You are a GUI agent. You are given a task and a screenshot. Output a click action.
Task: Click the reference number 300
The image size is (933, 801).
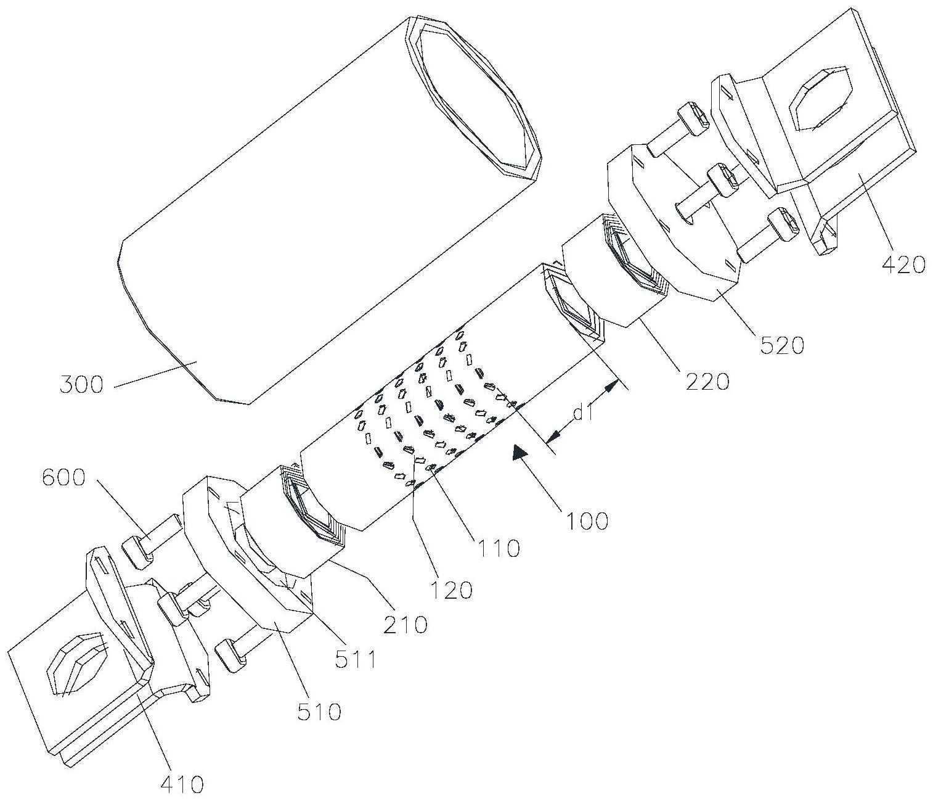pos(81,385)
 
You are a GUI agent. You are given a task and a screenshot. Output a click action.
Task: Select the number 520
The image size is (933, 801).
pos(782,345)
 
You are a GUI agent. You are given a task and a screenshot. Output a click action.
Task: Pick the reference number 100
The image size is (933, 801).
pos(585,521)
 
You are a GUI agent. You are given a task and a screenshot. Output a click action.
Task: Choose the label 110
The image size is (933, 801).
pos(498,549)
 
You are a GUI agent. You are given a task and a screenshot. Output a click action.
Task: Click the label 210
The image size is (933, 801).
pos(404,625)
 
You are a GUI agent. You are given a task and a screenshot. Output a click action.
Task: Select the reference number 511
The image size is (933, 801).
pos(355,660)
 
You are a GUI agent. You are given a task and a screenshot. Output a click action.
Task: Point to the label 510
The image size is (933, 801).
pos(319,713)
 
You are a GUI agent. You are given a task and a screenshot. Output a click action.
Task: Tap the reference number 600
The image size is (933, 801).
pos(63,477)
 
